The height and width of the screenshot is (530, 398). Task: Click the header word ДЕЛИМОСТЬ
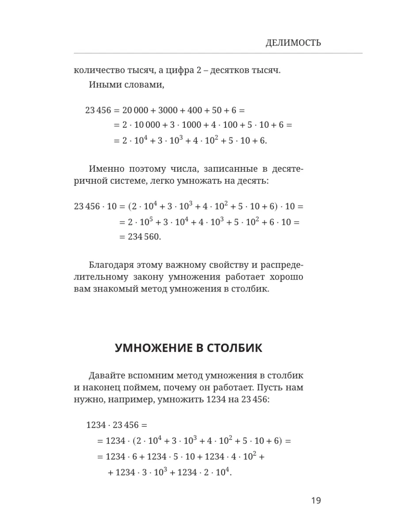tap(293, 43)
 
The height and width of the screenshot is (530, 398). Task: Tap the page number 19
tap(316, 500)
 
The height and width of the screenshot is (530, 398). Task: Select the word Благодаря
tap(111, 265)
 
